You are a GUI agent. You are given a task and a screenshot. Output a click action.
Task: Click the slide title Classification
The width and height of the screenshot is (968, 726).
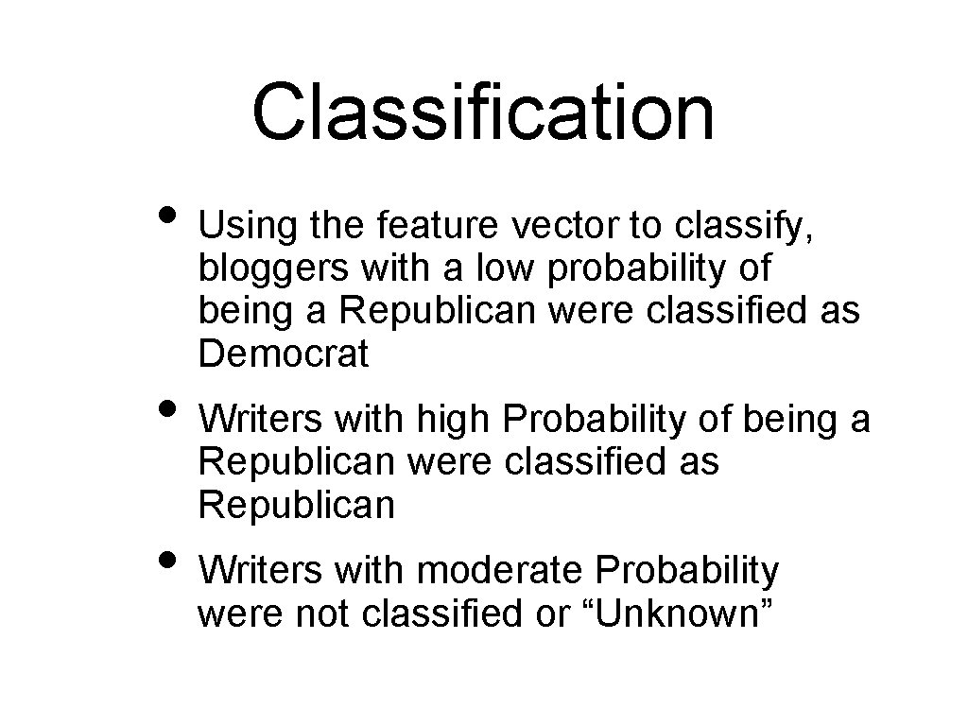tap(483, 112)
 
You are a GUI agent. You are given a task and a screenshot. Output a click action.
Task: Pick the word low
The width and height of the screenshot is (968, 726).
tap(506, 269)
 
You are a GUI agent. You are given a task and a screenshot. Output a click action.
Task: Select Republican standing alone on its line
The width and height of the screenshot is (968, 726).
tap(296, 506)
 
